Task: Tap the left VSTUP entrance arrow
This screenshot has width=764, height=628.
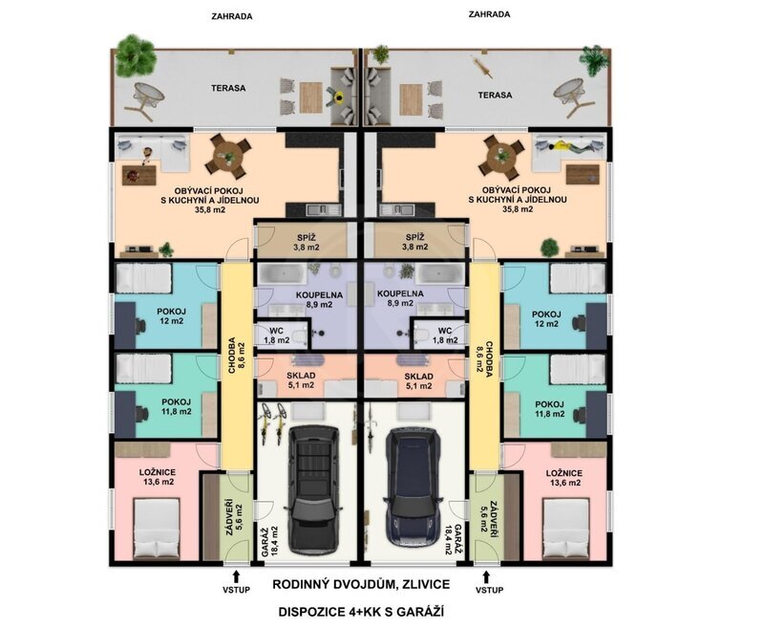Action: [236, 575]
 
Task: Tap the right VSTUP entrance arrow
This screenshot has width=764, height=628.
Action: [486, 575]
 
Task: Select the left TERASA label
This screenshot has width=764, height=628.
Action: [228, 88]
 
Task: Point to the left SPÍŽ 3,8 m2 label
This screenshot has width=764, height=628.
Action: [307, 242]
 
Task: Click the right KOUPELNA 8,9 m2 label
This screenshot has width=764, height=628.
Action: [400, 298]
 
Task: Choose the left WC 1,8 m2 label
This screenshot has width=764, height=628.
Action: [276, 336]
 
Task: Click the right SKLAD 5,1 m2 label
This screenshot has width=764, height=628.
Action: [419, 380]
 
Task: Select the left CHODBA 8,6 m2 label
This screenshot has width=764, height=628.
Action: [237, 355]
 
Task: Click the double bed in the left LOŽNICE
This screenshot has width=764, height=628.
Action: [157, 528]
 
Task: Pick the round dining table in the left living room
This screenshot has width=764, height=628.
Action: [228, 156]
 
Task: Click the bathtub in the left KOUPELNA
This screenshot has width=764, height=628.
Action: [281, 273]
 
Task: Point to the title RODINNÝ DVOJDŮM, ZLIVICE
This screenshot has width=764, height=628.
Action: [361, 584]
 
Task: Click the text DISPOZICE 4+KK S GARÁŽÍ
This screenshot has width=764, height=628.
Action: [361, 612]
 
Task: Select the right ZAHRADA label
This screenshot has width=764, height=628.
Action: [489, 14]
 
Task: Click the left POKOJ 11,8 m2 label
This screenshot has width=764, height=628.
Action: [177, 406]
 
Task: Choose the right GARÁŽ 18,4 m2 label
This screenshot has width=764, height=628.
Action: [453, 540]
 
